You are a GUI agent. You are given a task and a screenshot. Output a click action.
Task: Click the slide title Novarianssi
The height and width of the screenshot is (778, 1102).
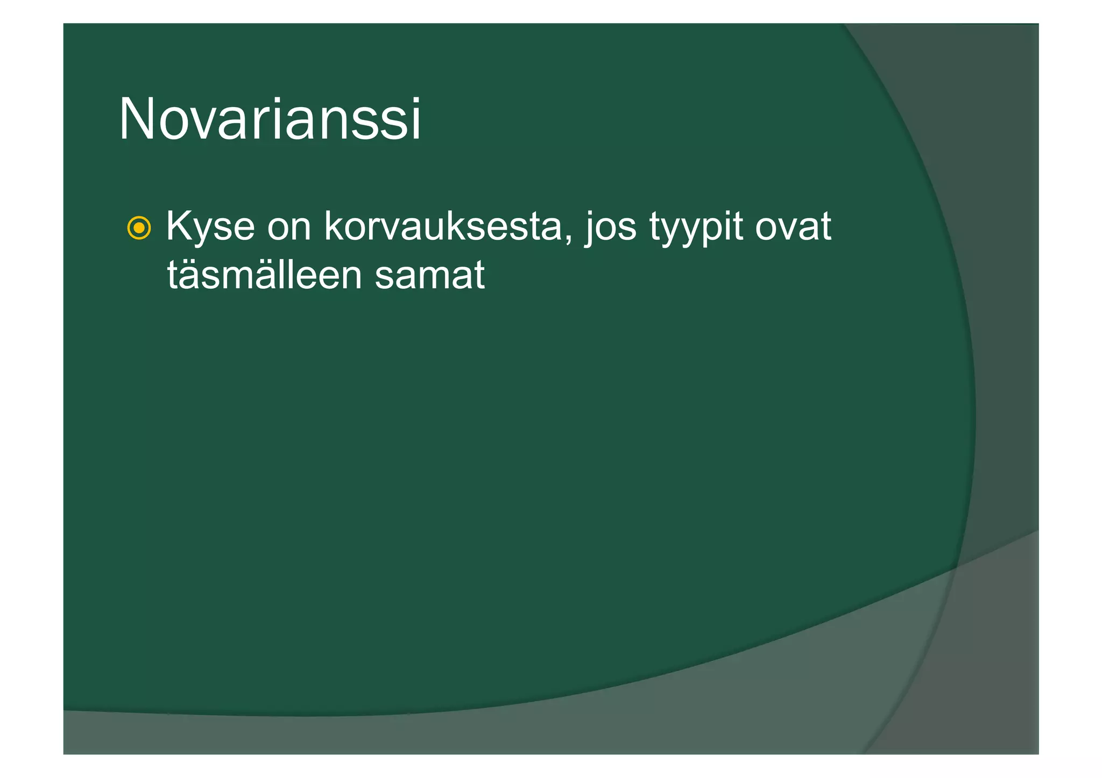pyautogui.click(x=270, y=119)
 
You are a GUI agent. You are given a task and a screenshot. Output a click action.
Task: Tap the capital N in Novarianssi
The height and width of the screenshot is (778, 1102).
pyautogui.click(x=138, y=119)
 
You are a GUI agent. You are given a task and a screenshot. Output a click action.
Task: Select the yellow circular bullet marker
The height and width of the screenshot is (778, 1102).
pyautogui.click(x=139, y=229)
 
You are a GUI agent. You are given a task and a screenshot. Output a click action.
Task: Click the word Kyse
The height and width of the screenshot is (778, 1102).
pyautogui.click(x=210, y=227)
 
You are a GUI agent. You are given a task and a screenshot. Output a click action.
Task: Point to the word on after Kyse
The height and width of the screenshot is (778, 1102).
pyautogui.click(x=289, y=228)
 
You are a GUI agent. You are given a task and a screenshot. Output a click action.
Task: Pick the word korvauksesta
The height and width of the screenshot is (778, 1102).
pyautogui.click(x=443, y=227)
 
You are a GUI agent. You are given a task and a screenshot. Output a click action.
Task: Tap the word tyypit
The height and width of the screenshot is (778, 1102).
pyautogui.click(x=695, y=228)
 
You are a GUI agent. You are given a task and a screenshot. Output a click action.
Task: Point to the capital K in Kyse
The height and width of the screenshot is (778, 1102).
pyautogui.click(x=179, y=226)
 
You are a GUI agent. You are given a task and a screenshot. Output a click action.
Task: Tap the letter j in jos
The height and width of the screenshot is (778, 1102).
pyautogui.click(x=590, y=229)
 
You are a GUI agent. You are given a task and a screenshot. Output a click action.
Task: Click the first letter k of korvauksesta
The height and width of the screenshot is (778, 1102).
pyautogui.click(x=334, y=226)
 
